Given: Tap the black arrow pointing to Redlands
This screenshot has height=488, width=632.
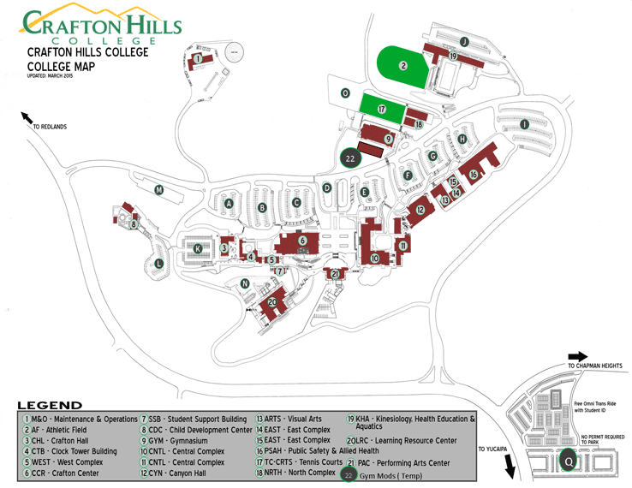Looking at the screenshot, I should tap(27, 117).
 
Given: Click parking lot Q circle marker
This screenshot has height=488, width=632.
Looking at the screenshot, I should tap(568, 461).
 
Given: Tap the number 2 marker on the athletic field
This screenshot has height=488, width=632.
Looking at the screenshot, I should tap(402, 65).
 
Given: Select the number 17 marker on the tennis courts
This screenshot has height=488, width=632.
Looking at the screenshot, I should tap(382, 110).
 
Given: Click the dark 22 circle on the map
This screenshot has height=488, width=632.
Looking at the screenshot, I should tap(349, 158).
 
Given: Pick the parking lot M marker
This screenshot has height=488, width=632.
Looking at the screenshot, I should tap(158, 190).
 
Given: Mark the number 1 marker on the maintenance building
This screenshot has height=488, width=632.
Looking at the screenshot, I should tap(198, 58).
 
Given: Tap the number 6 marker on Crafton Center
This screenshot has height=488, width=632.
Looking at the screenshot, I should tap(302, 241).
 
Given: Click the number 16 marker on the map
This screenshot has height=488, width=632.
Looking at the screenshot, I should tap(473, 174).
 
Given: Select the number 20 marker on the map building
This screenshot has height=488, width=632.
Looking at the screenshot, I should tap(273, 302).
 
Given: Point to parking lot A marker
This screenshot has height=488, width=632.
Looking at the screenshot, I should tap(229, 203).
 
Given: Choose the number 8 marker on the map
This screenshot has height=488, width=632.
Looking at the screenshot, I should tap(134, 224).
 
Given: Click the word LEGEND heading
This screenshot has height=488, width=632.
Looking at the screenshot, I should tap(50, 404).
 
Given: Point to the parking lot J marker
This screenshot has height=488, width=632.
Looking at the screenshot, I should tap(463, 41).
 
